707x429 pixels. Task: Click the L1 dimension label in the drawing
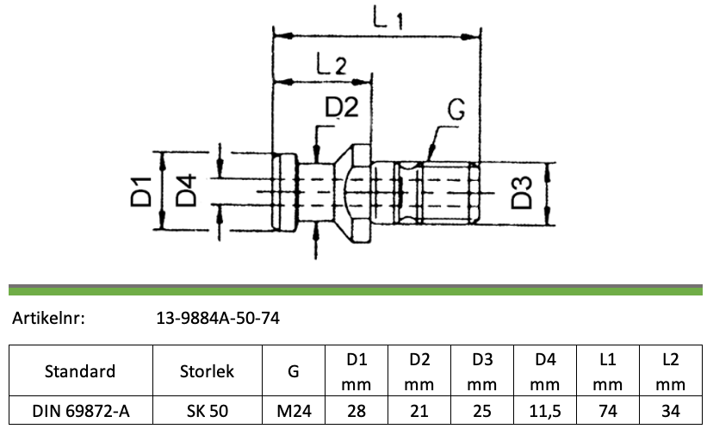[x=388, y=17]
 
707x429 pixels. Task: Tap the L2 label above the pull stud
[x=331, y=64]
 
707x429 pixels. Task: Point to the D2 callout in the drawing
[x=342, y=107]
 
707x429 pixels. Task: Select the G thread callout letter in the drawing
[x=456, y=109]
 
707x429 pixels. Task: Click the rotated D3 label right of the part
[x=522, y=193]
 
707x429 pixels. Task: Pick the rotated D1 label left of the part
[x=141, y=192]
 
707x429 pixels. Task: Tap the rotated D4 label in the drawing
[x=186, y=190]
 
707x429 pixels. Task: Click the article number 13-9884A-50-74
[x=218, y=319]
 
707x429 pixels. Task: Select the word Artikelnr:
[x=48, y=319]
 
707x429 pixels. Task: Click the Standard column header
[x=80, y=371]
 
